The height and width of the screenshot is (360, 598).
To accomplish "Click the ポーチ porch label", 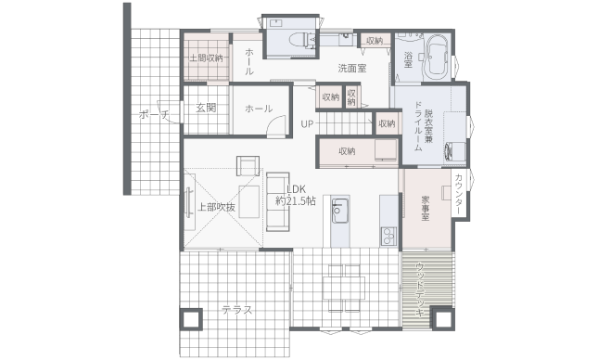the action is click(x=154, y=114).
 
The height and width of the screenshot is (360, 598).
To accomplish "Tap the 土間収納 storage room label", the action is click(x=207, y=58).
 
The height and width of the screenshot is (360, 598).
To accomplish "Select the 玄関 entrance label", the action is click(x=206, y=108).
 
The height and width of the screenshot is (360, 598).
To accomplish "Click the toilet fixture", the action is click(x=303, y=40).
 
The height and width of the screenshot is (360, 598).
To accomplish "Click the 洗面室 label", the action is click(x=352, y=69).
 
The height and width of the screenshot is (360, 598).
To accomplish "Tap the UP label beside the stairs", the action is click(x=307, y=124).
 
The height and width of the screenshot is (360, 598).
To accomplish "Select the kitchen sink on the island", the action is click(x=340, y=211).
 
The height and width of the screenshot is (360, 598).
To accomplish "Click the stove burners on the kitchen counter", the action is click(x=388, y=237).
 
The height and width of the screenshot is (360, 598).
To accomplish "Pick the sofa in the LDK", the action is click(x=277, y=201).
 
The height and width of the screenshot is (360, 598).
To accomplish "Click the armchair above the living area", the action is click(x=248, y=166).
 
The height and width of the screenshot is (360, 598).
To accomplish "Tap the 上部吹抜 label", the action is click(x=216, y=207).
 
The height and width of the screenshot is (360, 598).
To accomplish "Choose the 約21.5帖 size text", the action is click(x=296, y=200).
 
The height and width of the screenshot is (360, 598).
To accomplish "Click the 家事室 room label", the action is click(x=426, y=208).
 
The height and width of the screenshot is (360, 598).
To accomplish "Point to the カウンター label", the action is click(x=458, y=194).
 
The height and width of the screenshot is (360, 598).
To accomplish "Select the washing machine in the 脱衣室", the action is click(x=455, y=151).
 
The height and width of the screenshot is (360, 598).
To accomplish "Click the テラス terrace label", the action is click(x=237, y=310).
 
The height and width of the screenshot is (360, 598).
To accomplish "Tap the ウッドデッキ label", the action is click(x=420, y=289).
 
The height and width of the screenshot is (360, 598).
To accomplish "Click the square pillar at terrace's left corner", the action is click(x=191, y=319).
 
